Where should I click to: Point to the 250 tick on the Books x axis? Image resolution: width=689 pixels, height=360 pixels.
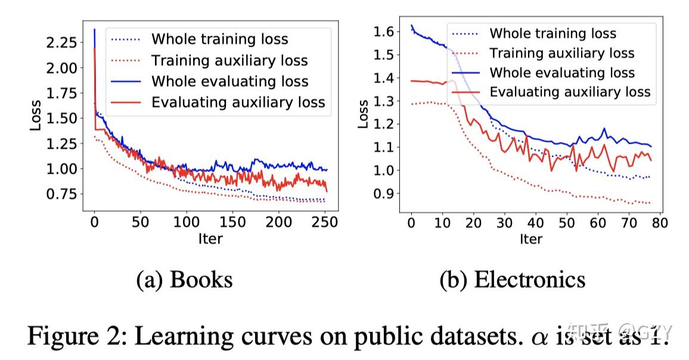click(x=325, y=222)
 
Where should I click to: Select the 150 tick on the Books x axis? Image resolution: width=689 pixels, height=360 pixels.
click(x=232, y=222)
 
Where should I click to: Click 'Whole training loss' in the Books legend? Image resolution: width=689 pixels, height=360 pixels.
click(x=219, y=39)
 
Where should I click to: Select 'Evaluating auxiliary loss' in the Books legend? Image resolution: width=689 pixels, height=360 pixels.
click(x=238, y=103)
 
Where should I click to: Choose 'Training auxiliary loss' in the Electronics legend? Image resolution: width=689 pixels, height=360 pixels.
click(x=562, y=53)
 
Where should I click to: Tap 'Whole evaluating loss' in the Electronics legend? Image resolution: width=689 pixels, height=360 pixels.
click(x=562, y=73)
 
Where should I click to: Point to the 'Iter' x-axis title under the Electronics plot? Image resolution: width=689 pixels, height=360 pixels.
click(x=530, y=239)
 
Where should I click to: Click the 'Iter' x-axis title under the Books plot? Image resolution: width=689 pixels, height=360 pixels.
click(x=210, y=239)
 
